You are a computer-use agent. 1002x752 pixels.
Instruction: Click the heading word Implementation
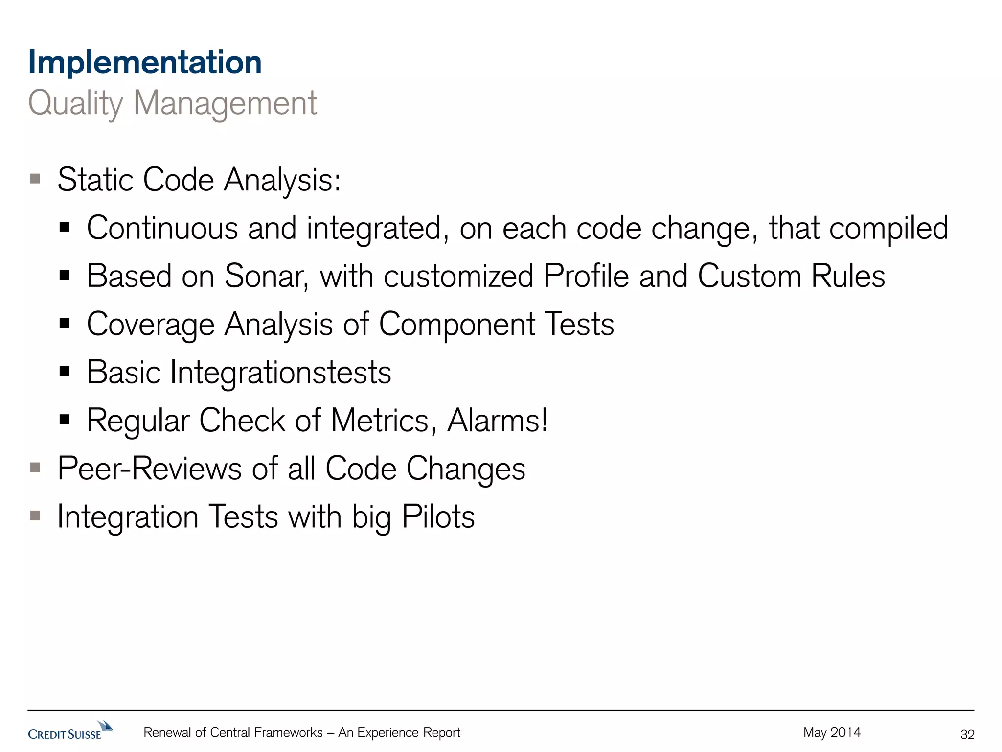145,63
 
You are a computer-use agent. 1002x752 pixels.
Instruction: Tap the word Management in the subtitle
225,103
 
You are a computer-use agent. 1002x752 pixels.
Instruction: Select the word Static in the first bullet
95,180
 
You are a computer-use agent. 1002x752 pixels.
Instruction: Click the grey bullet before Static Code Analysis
35,178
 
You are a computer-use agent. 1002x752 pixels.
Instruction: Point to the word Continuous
162,228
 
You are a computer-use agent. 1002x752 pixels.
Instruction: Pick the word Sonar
266,276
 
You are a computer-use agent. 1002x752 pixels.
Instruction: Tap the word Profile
586,276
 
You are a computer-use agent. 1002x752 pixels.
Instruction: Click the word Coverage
151,325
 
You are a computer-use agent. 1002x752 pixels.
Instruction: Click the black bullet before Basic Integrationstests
65,371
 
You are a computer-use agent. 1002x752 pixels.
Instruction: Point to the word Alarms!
498,421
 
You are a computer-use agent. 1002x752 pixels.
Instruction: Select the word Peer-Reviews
149,469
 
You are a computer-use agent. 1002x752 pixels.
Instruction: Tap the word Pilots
438,517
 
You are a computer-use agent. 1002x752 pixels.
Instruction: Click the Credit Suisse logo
70,730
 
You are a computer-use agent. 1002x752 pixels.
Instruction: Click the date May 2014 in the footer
832,732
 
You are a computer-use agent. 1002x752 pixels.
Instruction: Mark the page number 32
967,734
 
